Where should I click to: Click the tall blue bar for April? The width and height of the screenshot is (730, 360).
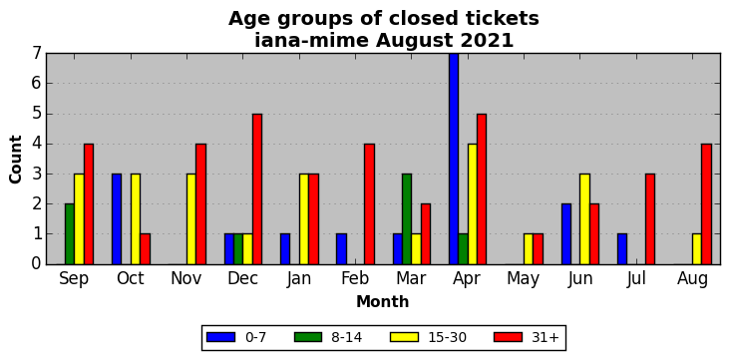[x=454, y=159]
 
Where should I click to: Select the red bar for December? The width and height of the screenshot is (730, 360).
[x=257, y=189]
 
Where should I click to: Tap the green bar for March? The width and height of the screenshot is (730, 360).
[x=407, y=219]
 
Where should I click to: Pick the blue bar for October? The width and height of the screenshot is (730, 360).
[x=117, y=219]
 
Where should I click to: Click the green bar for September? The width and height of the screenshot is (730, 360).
[x=70, y=234]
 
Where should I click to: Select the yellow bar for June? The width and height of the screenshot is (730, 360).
[x=584, y=219]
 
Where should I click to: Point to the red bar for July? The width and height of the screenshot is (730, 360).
[x=650, y=219]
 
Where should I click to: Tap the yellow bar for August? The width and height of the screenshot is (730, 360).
[x=697, y=249]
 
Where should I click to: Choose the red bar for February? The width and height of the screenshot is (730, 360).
[x=369, y=204]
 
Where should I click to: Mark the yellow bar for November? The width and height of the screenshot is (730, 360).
[x=191, y=219]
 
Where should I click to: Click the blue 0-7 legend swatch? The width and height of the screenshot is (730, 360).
[x=220, y=337]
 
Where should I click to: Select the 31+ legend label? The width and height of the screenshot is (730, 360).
[x=545, y=338]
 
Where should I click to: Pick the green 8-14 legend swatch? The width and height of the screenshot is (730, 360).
[x=308, y=337]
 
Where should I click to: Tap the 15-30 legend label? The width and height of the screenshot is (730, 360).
[x=448, y=338]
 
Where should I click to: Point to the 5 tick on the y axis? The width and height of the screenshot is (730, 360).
[x=37, y=114]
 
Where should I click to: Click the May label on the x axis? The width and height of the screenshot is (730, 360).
[x=524, y=279]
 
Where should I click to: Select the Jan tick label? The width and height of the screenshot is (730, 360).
[x=299, y=278]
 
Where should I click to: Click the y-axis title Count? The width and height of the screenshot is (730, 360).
[x=15, y=160]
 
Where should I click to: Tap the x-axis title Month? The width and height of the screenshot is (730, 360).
[x=383, y=302]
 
